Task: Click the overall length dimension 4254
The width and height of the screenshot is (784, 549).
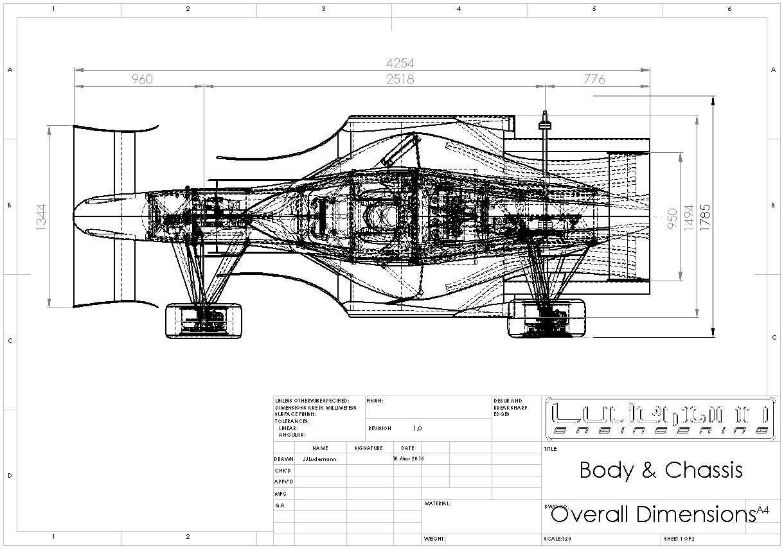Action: point(399,63)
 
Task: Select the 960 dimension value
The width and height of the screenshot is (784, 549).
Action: point(142,79)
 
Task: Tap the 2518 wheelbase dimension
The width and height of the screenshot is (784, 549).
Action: point(400,79)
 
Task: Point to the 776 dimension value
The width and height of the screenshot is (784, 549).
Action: point(594,79)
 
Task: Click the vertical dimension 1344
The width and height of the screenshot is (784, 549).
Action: point(42,216)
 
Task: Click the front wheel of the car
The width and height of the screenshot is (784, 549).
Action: point(204,320)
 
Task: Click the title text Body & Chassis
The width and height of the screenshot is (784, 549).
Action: point(661,470)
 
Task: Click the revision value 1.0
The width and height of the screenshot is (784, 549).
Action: point(417,428)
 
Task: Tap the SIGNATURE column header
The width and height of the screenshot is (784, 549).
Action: point(368,448)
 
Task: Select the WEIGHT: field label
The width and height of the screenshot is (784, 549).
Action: point(435,539)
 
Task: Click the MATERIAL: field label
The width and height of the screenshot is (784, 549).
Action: point(438,504)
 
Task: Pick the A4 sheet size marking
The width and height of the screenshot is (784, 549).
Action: point(762,510)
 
